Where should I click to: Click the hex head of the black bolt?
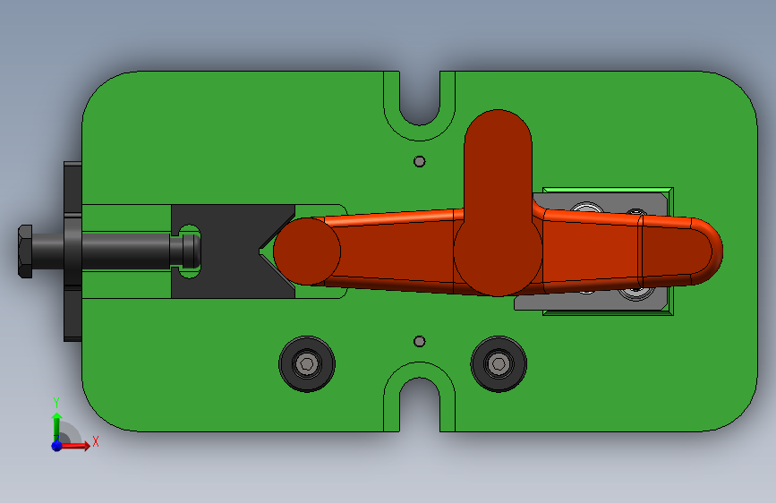coord(25,251)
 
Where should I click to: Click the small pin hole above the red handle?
coord(419,161)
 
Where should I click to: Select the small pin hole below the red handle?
coord(419,341)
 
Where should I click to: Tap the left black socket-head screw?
coord(307,364)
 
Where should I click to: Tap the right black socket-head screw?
coord(499,364)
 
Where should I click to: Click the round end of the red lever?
coord(307,251)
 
